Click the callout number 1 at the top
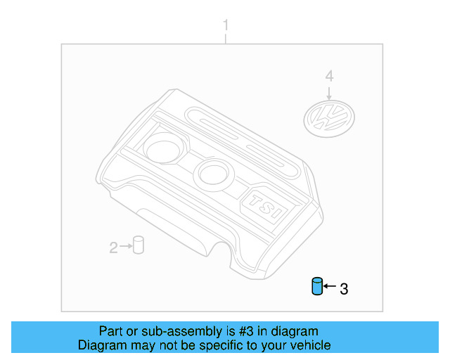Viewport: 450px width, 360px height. pos(226,25)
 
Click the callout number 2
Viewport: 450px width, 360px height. pos(113,247)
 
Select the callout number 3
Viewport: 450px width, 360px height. pos(343,288)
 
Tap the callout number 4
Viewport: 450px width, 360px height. pos(328,75)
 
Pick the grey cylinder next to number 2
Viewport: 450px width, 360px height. pos(139,245)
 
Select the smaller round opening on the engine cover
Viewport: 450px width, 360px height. pos(210,172)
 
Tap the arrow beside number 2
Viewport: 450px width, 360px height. pos(126,246)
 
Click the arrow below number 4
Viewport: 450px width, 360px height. pos(328,91)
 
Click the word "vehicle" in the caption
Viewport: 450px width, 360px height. pos(309,345)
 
